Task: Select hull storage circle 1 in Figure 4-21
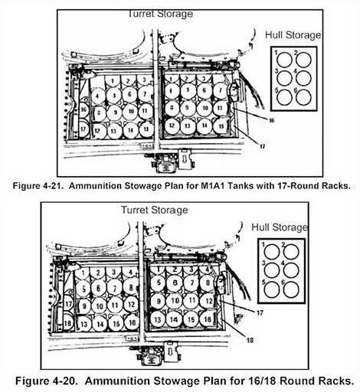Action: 285,59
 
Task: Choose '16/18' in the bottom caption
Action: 270,381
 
